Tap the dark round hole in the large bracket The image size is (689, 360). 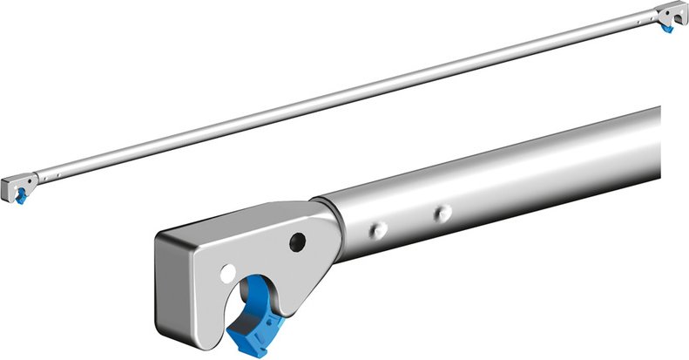(298, 241)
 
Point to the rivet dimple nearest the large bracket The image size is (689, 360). (378, 228)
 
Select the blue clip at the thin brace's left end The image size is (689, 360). (19, 197)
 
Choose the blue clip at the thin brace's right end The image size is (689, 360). (667, 27)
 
